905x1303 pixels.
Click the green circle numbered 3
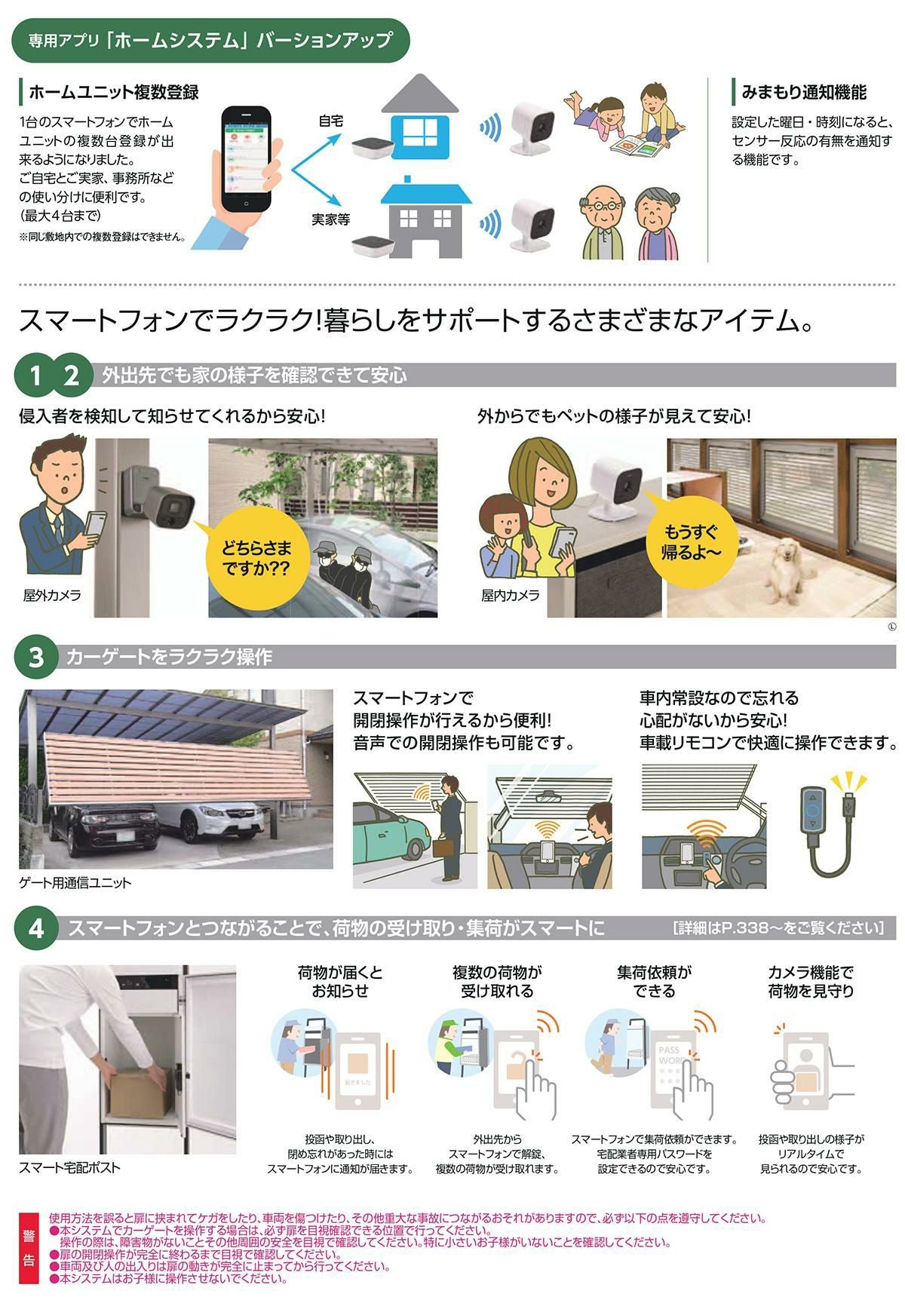click(x=36, y=658)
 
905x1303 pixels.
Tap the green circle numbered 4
click(x=36, y=928)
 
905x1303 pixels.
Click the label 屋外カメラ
click(x=52, y=596)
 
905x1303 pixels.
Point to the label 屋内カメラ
click(x=511, y=596)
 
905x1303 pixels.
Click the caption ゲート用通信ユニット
click(x=75, y=882)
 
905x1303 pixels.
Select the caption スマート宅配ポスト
click(x=69, y=1167)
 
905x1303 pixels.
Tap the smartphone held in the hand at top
click(x=246, y=160)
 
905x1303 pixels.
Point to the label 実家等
click(x=330, y=219)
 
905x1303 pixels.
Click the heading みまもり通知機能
click(x=804, y=92)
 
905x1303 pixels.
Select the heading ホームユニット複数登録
click(x=114, y=92)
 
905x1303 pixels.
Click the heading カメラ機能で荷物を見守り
click(x=811, y=982)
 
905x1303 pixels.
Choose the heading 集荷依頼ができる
click(x=654, y=982)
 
